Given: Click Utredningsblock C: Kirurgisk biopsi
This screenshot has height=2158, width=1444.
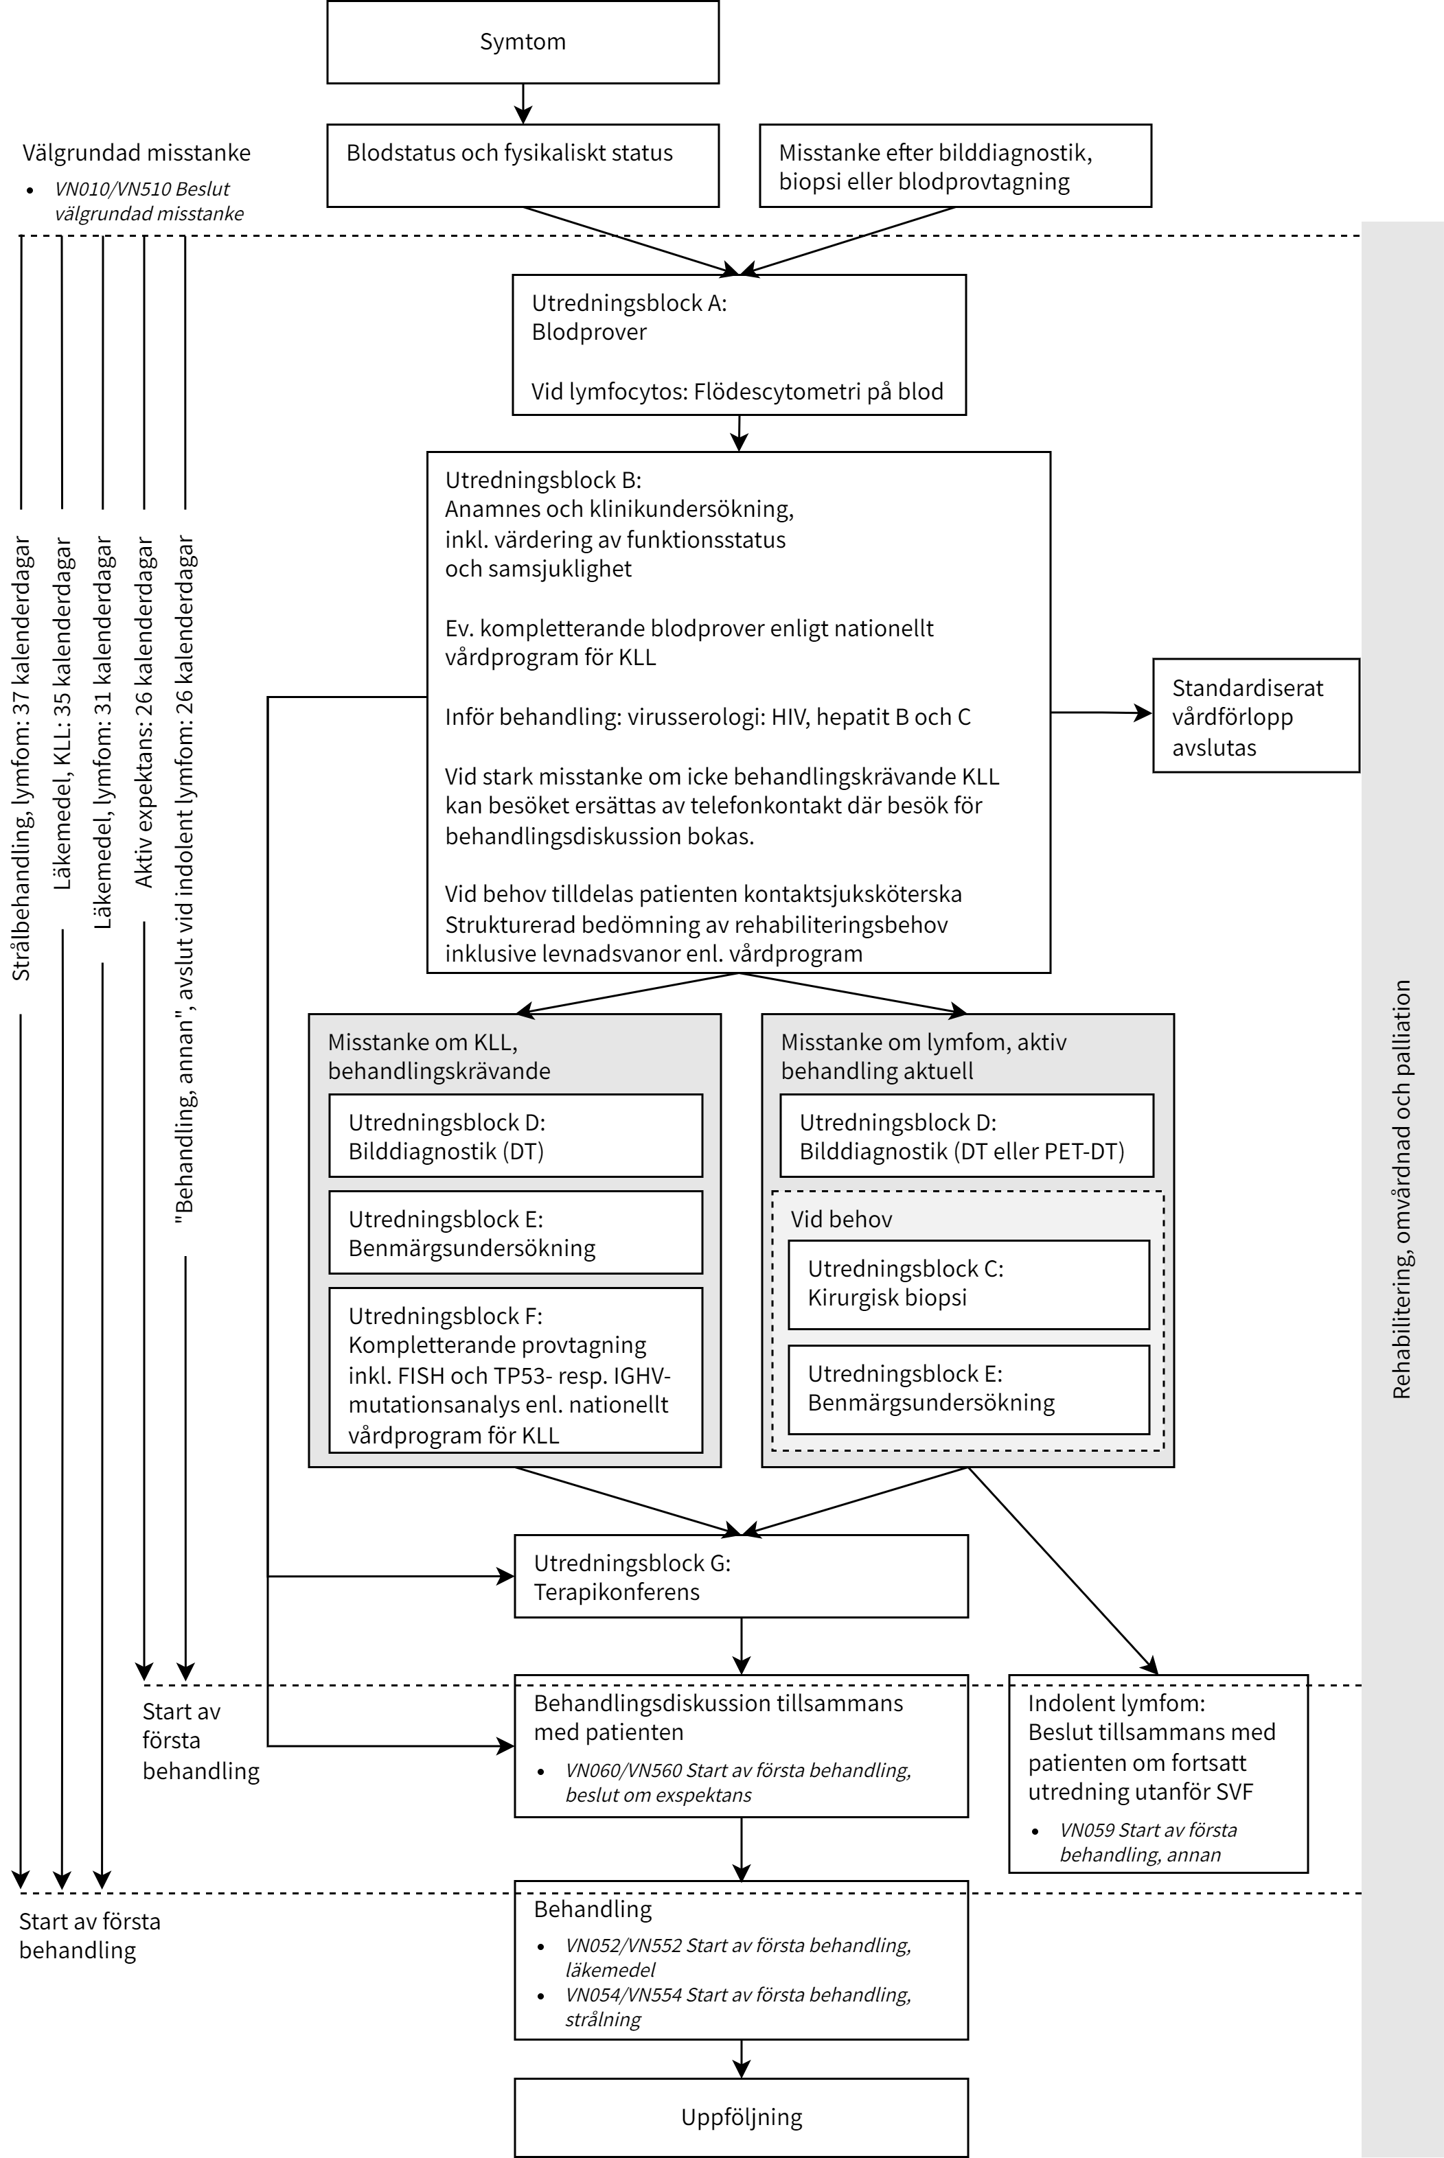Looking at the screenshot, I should tap(968, 1284).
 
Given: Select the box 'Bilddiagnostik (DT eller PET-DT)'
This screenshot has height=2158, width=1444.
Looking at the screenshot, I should tap(966, 1136).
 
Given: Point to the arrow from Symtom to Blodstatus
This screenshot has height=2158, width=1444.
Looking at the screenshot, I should tap(523, 104).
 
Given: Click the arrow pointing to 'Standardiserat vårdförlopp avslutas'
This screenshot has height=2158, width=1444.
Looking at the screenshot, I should tap(1101, 712).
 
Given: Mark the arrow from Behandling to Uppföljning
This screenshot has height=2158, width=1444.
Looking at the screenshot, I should tap(742, 2058).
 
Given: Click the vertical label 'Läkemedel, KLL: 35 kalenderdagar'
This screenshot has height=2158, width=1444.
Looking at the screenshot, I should tap(62, 714).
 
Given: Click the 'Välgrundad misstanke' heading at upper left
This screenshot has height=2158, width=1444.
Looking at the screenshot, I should tap(136, 153).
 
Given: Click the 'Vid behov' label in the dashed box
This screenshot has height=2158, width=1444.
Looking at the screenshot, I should tap(841, 1219).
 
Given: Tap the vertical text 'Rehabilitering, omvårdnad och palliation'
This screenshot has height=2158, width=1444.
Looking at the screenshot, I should tap(1401, 1190).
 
